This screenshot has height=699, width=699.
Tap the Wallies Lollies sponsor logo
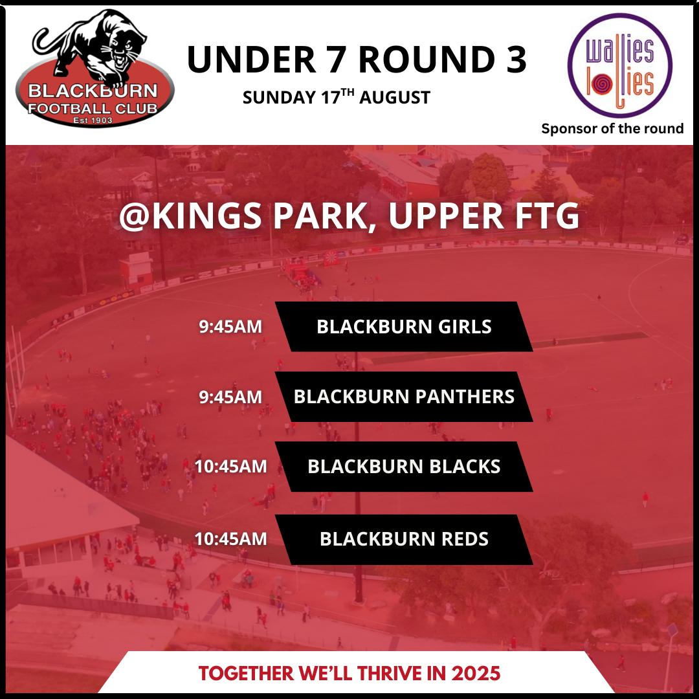coord(619,65)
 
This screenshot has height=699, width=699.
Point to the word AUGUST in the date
coord(395,98)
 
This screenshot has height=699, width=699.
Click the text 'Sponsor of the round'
coord(612,129)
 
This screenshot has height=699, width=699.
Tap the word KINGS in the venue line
coord(206,216)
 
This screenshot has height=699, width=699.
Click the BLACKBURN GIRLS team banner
coord(404,327)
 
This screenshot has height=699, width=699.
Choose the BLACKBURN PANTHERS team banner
coord(404,397)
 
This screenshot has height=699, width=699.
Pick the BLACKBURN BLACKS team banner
coord(404,467)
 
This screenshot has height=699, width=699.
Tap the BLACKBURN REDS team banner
coord(404,539)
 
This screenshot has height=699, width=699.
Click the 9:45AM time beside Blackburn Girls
coord(230,327)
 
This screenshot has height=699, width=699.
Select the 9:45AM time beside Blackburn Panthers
coord(230,397)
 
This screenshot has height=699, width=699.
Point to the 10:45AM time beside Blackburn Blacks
coord(230,467)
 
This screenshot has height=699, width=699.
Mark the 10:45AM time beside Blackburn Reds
coord(230,539)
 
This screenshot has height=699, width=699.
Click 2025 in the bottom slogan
coord(476,674)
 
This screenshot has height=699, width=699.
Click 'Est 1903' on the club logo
coord(93,120)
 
